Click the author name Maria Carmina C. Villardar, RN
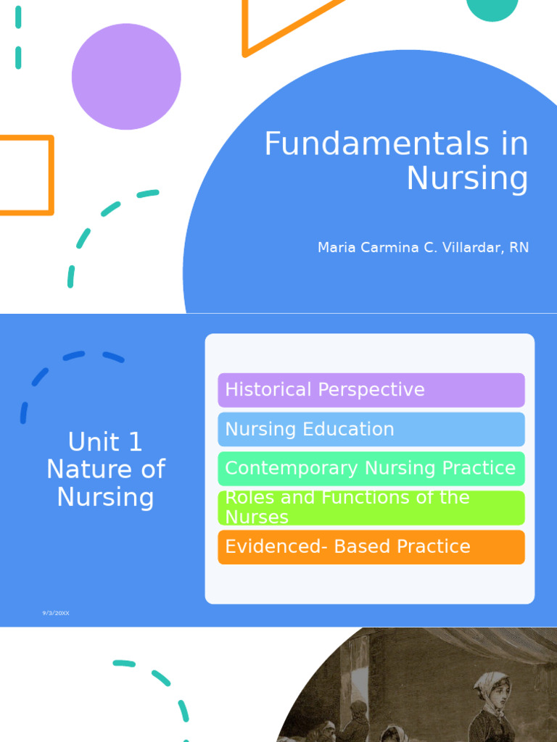click(x=423, y=248)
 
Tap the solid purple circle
click(x=126, y=77)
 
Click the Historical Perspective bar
click(x=371, y=390)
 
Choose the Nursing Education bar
click(x=371, y=429)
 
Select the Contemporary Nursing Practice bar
click(x=371, y=468)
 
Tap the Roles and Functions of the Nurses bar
click(x=371, y=507)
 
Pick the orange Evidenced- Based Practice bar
click(x=371, y=546)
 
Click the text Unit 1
click(x=105, y=442)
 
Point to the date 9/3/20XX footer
click(x=56, y=614)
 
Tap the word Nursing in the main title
click(x=467, y=179)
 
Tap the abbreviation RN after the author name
click(x=519, y=248)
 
